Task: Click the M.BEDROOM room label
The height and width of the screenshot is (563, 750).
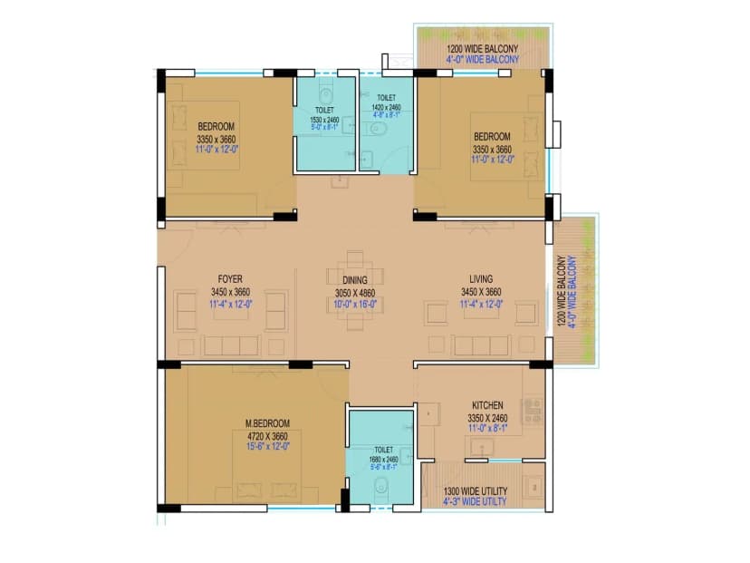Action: click(x=267, y=423)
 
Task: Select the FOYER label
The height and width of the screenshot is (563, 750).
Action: click(x=230, y=279)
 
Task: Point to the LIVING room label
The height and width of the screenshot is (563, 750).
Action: click(x=479, y=279)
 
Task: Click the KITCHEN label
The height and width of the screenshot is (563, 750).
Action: click(x=487, y=405)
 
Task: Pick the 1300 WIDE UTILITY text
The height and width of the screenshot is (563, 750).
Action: click(x=476, y=491)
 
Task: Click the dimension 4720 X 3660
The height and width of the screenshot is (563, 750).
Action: click(x=267, y=434)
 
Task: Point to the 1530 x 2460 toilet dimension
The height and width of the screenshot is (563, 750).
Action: click(x=324, y=120)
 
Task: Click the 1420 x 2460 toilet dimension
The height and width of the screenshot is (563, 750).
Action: click(x=386, y=107)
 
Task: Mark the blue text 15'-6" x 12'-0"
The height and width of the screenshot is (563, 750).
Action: click(x=267, y=446)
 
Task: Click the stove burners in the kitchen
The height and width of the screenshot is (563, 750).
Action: click(x=533, y=410)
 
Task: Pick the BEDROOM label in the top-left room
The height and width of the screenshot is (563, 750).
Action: click(x=216, y=126)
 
